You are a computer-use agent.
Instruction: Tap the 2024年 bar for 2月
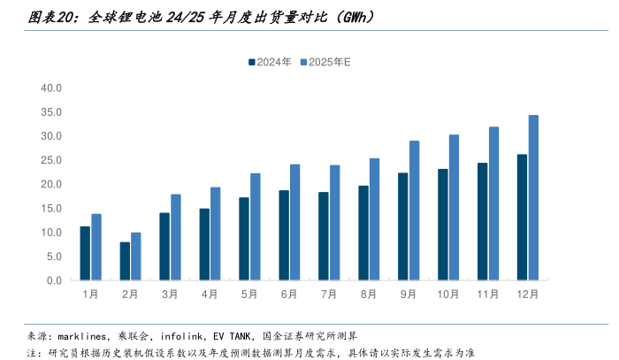(125, 262)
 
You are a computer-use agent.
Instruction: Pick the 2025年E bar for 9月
(414, 211)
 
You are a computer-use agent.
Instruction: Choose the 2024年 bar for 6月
(284, 235)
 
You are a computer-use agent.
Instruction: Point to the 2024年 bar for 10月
(442, 225)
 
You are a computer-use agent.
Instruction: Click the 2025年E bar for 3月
(175, 237)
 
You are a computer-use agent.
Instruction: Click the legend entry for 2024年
(269, 62)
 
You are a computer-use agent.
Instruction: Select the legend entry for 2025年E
(325, 62)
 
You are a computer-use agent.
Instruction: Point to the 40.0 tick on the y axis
(50, 88)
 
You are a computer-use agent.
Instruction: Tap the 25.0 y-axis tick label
(50, 161)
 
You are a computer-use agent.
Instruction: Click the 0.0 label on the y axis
(53, 280)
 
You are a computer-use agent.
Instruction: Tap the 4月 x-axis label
(210, 294)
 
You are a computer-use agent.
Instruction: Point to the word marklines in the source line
(83, 336)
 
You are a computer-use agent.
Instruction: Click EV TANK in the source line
(225, 336)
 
